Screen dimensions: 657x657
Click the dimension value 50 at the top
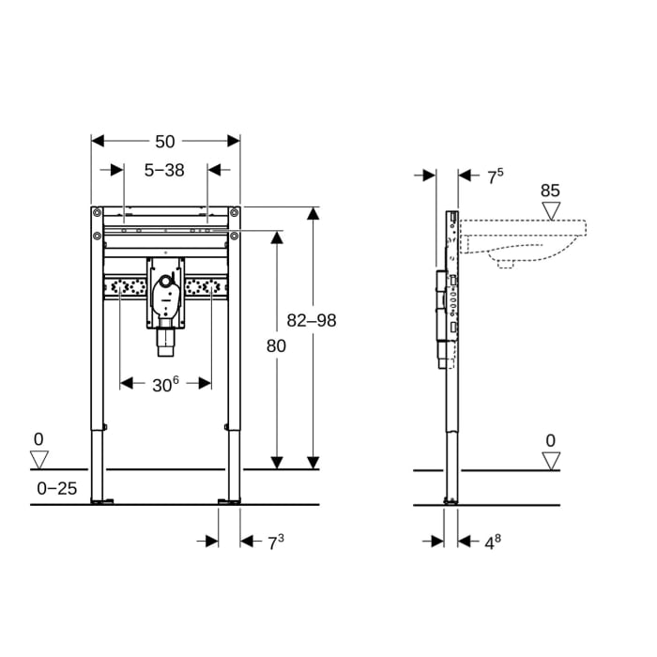[165, 141]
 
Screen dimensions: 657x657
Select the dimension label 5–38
[164, 170]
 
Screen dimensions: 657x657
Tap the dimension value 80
[276, 345]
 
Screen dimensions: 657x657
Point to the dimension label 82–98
[312, 320]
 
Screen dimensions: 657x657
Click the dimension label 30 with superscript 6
[164, 383]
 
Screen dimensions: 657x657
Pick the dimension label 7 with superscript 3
[276, 541]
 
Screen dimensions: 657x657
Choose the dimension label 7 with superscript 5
[495, 175]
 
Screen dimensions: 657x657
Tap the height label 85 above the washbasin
[550, 191]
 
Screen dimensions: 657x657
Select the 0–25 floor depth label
[55, 488]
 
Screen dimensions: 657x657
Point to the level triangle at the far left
[38, 459]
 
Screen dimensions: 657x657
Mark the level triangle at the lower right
[551, 459]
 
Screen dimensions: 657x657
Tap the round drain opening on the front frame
[165, 281]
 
